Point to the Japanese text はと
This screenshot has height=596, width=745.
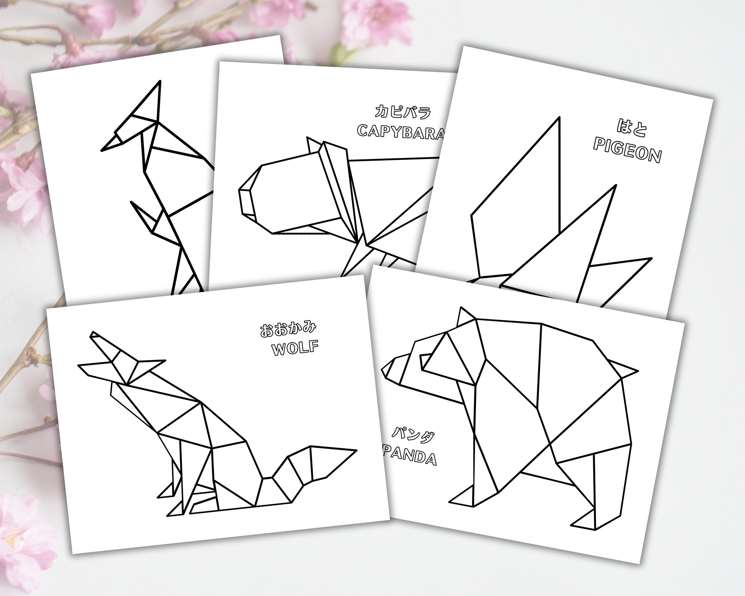pyautogui.click(x=632, y=127)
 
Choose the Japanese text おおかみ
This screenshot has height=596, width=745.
pyautogui.click(x=288, y=329)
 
